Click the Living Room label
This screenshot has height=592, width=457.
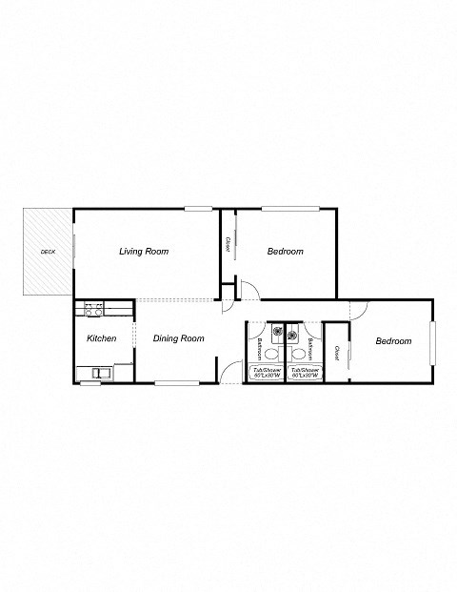[x=144, y=252]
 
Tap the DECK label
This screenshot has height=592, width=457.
[x=47, y=252]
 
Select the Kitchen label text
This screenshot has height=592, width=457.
[x=102, y=338]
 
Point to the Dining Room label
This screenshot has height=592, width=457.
[x=179, y=338]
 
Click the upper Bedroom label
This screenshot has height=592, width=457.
[x=285, y=252]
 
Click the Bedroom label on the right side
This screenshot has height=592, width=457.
[x=392, y=341]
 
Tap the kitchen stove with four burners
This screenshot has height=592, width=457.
[x=93, y=309]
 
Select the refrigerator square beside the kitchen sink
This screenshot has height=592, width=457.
[x=123, y=372]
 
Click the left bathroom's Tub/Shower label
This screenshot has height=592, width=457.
[x=266, y=372]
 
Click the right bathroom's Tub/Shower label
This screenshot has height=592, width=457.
[x=305, y=372]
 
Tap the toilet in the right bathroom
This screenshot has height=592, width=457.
[x=311, y=349]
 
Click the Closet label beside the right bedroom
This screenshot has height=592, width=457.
[x=337, y=354]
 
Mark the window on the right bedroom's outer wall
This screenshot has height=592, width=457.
[x=431, y=342]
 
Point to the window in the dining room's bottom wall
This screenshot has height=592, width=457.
[x=176, y=383]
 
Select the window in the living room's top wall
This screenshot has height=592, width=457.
[x=198, y=209]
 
